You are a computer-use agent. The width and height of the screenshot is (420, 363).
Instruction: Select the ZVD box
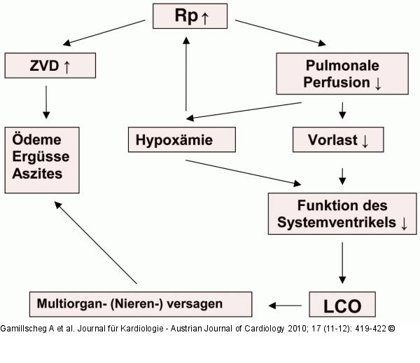(49, 66)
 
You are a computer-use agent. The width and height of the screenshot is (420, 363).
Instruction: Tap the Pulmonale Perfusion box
(342, 74)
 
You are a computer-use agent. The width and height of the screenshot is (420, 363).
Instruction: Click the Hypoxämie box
(181, 139)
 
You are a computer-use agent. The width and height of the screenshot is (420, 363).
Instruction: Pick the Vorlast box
(337, 139)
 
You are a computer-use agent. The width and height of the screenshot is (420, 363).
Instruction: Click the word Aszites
(36, 172)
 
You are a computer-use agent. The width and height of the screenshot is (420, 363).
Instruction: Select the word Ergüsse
(38, 156)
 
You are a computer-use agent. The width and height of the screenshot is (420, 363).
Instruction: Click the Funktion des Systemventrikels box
(342, 214)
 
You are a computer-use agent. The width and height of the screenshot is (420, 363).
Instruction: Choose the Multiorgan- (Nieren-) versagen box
(141, 304)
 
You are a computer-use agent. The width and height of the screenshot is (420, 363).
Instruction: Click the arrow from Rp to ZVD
(105, 35)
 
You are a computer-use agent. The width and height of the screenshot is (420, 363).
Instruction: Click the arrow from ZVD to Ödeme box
(47, 101)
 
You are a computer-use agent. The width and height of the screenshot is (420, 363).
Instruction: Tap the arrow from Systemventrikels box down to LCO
(342, 263)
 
